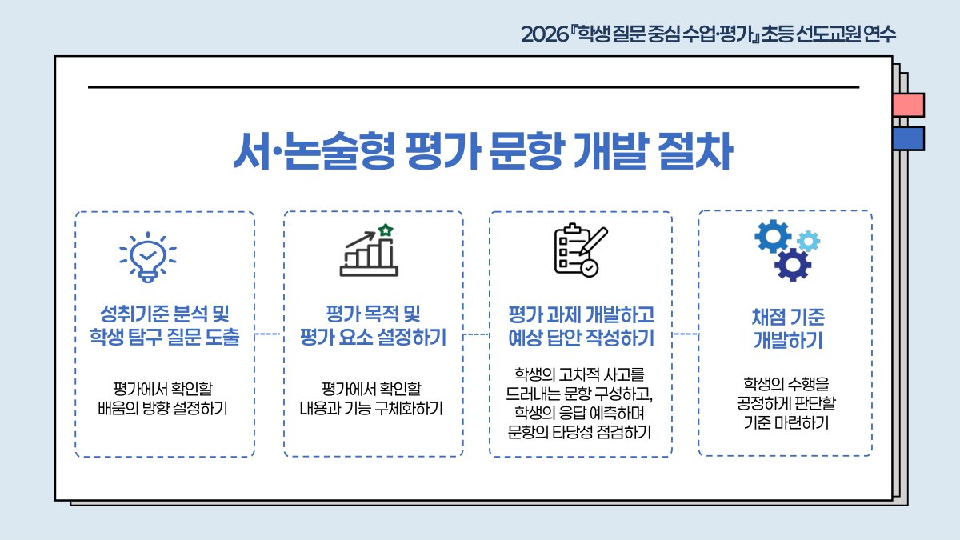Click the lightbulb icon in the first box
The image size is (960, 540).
148,257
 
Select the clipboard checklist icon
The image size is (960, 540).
581,250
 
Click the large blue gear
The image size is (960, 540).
773,236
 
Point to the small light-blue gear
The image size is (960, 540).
809,241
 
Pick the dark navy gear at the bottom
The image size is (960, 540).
793,265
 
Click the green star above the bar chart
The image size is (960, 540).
386,230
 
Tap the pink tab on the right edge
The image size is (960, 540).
909,105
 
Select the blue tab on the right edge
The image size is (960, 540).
909,138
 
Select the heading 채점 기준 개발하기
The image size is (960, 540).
788,329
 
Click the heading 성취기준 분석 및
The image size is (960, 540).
165,314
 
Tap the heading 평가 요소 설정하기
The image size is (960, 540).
373,337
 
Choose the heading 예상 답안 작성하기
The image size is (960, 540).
581,338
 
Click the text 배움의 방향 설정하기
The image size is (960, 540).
162,409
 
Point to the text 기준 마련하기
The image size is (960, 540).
786,422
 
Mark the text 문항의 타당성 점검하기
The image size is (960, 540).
579,432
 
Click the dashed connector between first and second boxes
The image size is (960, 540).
268,334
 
